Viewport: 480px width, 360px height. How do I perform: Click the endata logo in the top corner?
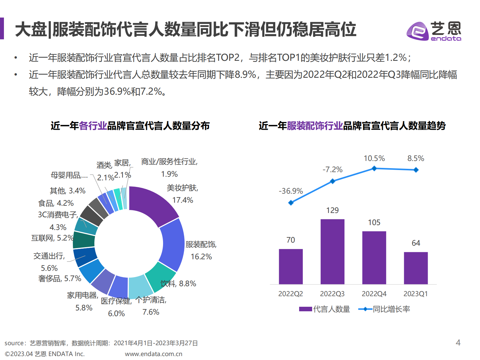click(434, 31)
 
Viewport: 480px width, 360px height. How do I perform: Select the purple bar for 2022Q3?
click(332, 251)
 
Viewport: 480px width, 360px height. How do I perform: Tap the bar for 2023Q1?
click(416, 268)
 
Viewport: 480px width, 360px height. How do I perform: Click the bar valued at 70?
click(291, 266)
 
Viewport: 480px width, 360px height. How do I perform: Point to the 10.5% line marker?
click(374, 169)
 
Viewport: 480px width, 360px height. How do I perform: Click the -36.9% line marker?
click(291, 203)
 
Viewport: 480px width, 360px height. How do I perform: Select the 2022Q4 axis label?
click(374, 294)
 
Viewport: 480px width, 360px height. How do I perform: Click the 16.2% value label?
click(201, 257)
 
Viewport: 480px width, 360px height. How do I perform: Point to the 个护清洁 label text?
click(151, 300)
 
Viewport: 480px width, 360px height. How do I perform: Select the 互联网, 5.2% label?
click(52, 238)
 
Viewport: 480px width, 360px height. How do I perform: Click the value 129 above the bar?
click(332, 210)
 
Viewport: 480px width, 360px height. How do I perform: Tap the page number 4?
click(458, 342)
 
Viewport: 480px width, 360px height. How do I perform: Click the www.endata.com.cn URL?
click(153, 354)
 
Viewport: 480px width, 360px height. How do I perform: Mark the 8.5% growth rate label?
click(416, 158)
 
